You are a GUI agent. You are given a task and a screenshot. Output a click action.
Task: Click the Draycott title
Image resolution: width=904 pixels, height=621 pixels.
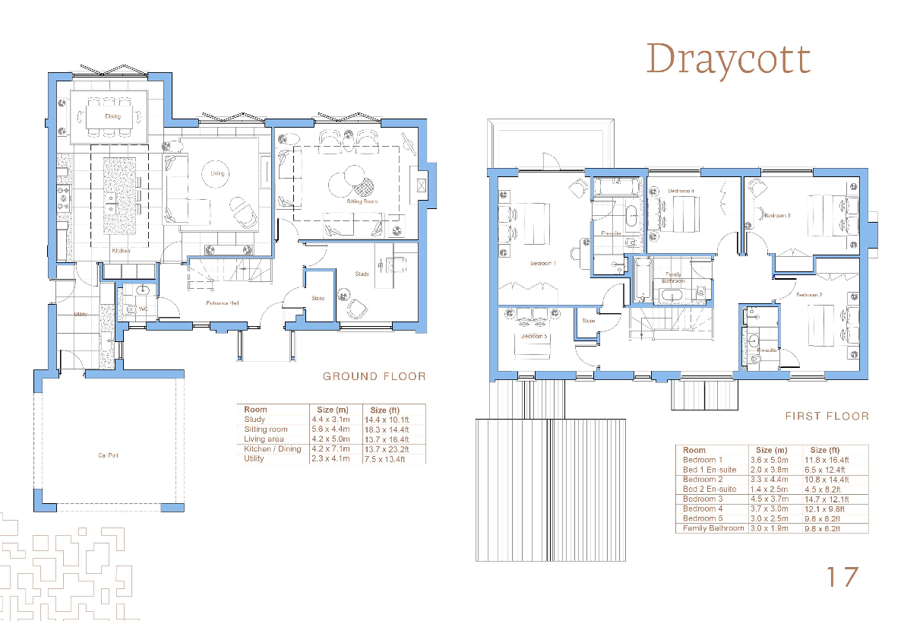click(728, 59)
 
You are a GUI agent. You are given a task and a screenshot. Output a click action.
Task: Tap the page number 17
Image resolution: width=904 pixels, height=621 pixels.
click(842, 577)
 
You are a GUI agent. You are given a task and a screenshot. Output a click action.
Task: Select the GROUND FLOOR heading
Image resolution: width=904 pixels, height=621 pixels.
click(374, 376)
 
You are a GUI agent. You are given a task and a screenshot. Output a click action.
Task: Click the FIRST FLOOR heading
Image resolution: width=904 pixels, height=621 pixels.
click(827, 417)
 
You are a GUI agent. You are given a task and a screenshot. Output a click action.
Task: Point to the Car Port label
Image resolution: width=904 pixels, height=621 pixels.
click(108, 456)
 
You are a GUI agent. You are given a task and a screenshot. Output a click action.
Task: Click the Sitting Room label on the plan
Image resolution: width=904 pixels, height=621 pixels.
click(363, 201)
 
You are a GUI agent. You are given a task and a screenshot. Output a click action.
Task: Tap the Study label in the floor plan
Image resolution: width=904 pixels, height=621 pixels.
click(362, 274)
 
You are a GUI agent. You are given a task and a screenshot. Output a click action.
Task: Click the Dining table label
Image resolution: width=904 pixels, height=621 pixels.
click(112, 116)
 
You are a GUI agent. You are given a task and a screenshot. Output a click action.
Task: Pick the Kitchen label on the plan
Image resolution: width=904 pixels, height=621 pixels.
click(121, 250)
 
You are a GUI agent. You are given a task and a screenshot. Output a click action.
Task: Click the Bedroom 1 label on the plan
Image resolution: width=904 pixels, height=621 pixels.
click(543, 264)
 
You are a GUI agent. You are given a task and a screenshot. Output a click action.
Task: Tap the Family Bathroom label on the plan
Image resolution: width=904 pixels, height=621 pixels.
click(673, 277)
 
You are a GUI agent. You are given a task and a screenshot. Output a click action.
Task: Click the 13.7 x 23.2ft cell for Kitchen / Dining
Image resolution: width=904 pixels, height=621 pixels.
click(387, 449)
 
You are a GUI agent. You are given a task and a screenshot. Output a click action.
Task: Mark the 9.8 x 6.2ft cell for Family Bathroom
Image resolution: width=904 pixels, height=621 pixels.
click(826, 528)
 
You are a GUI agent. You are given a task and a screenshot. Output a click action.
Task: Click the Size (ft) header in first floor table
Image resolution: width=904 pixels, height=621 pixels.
click(829, 450)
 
